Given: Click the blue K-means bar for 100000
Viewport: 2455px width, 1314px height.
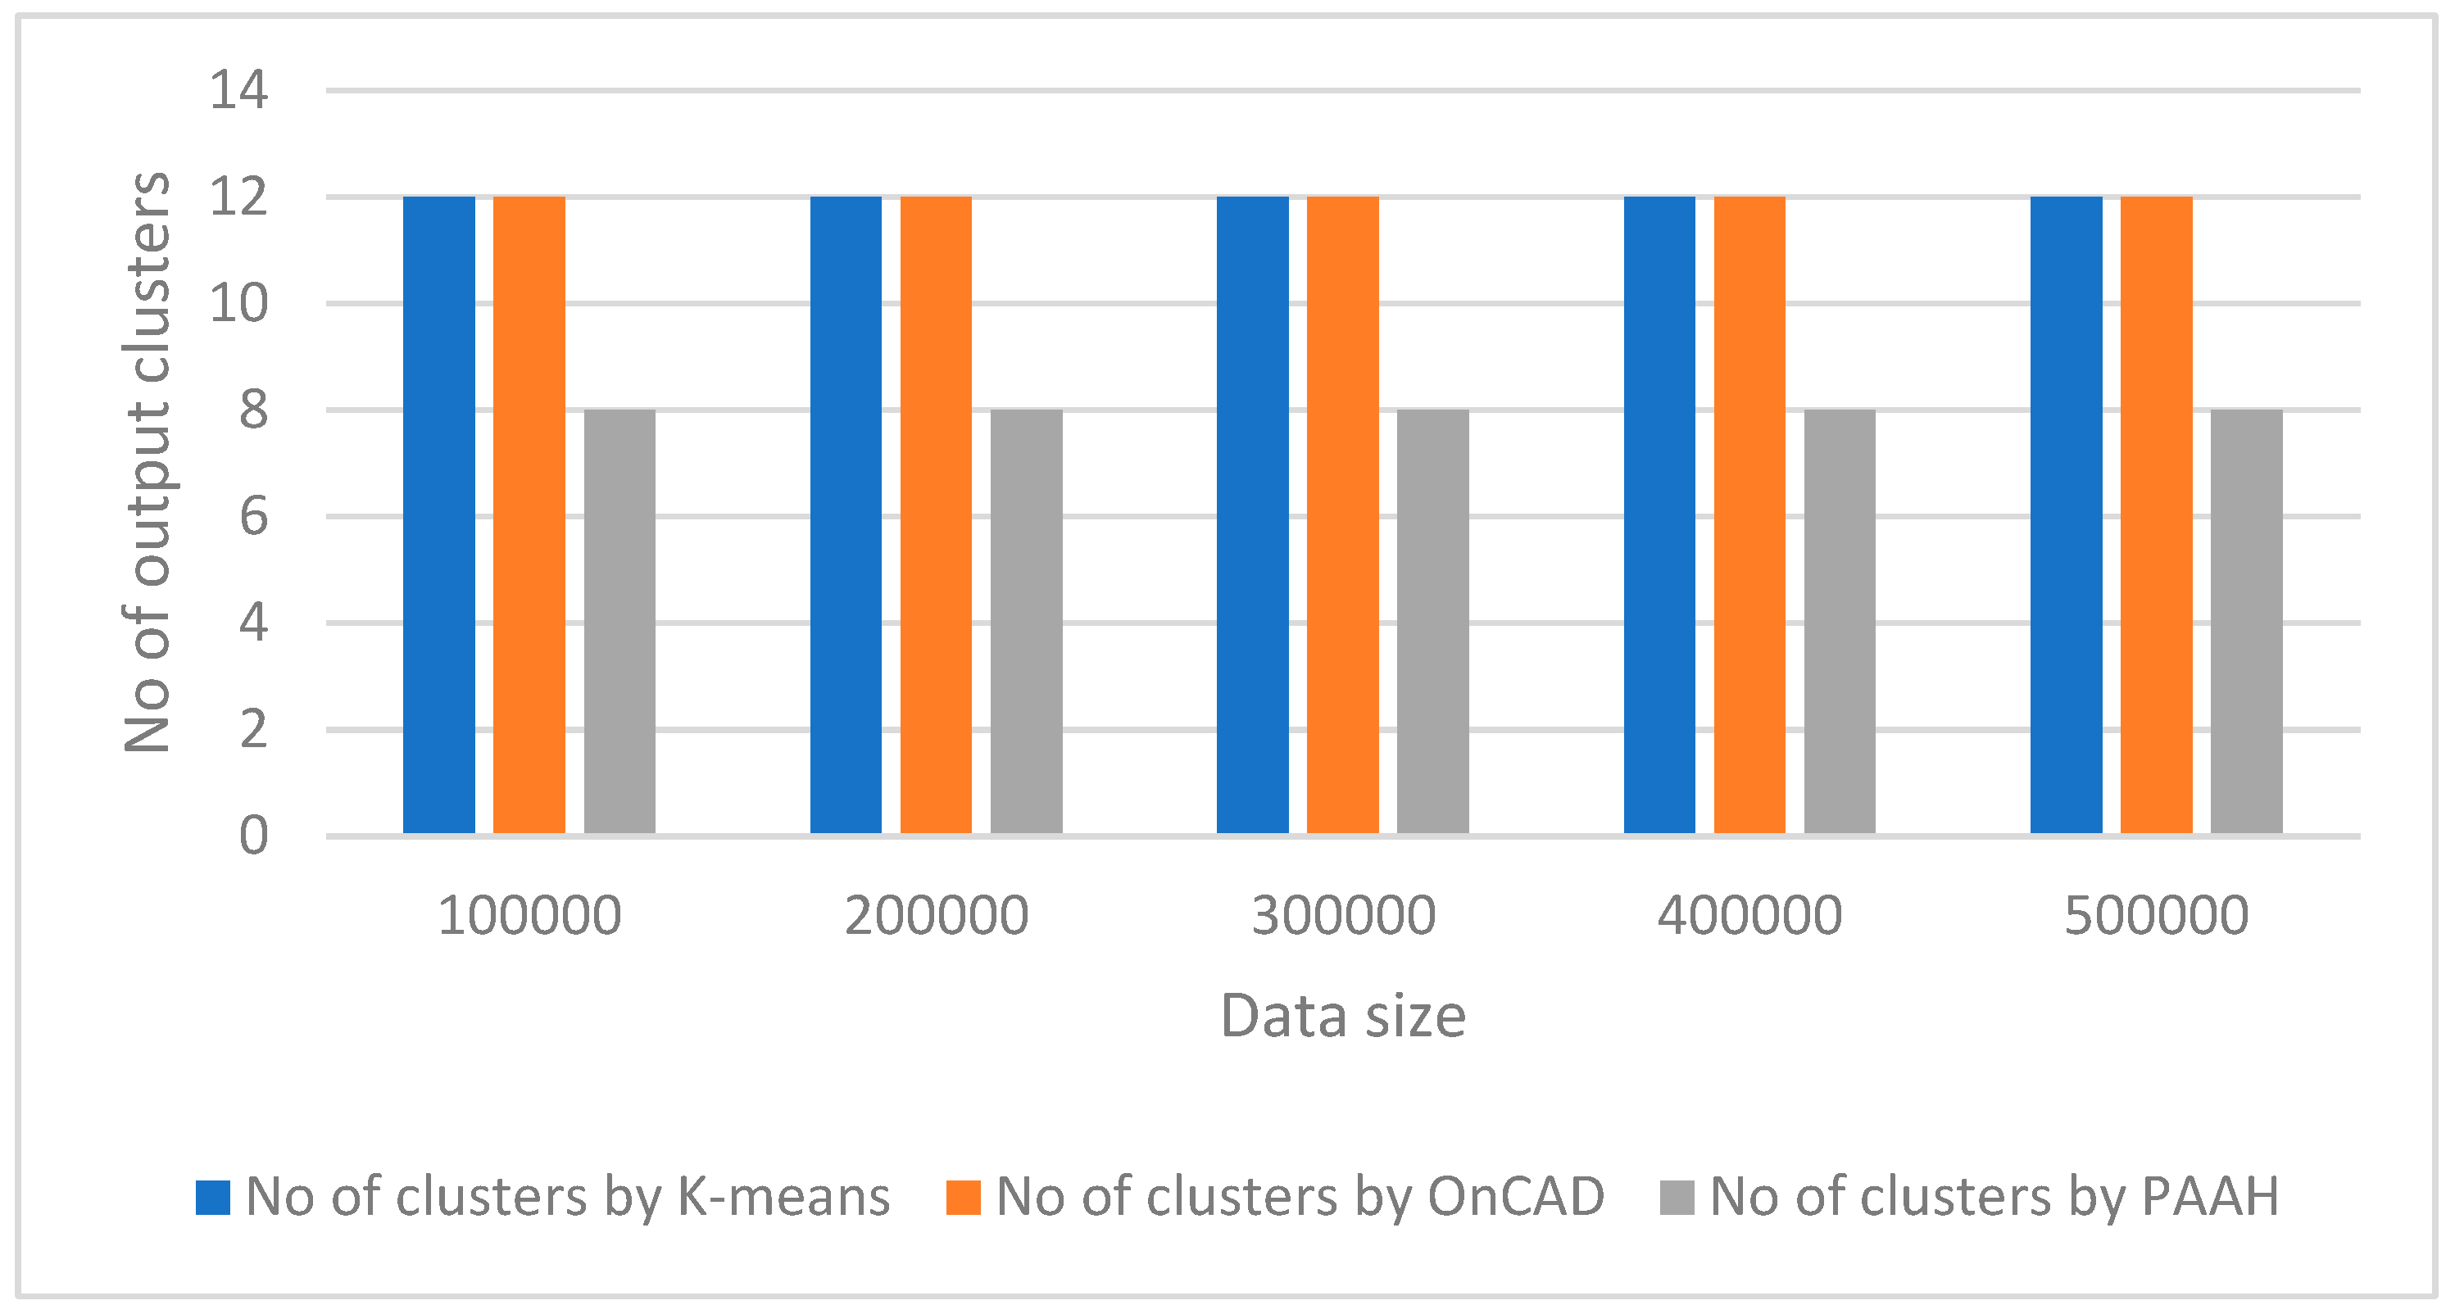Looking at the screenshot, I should pos(438,514).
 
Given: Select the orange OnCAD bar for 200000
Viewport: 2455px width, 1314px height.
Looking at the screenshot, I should pos(935,514).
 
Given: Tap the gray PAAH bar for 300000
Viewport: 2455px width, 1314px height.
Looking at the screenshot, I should pos(1432,621).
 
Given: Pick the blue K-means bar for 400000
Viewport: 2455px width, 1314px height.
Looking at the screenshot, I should pos(1659,514).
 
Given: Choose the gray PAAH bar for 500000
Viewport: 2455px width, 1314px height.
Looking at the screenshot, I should pos(2246,621).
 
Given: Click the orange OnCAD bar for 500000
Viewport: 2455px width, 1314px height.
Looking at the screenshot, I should pos(2156,514).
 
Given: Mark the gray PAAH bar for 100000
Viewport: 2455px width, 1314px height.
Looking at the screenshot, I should pos(619,621).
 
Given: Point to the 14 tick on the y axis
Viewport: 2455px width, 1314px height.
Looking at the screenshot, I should pos(238,92).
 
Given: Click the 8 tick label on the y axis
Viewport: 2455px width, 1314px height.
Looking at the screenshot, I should pos(252,410).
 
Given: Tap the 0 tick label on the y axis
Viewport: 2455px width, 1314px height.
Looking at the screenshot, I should pos(252,836).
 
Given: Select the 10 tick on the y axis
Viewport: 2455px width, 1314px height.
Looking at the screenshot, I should pos(238,304).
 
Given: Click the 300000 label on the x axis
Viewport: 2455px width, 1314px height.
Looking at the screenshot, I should pos(1343,916).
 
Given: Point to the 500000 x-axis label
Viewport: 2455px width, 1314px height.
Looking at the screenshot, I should pos(2156,916).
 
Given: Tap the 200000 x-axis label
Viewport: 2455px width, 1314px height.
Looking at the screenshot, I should pos(936,916).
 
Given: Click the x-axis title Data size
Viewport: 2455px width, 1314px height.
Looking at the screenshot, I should pos(1343,1016).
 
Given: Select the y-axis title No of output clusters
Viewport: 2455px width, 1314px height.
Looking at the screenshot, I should pos(147,463).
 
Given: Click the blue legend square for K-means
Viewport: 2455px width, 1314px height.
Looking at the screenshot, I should pos(212,1198).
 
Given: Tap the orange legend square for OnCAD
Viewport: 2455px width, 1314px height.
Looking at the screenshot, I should pos(963,1198).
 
